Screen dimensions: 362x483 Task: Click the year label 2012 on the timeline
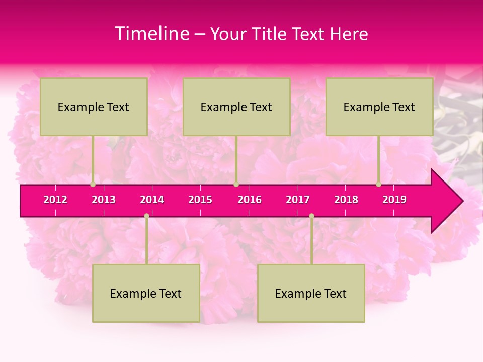(55, 200)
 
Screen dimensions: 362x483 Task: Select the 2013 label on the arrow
(104, 200)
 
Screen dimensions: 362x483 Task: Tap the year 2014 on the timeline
(152, 200)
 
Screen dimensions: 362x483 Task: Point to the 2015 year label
(200, 200)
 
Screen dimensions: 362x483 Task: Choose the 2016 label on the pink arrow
(250, 200)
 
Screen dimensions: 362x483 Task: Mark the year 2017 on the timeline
(298, 200)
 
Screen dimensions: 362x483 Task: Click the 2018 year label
(346, 200)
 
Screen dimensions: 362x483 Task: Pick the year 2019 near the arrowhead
(394, 200)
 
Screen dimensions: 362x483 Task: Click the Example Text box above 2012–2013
(94, 107)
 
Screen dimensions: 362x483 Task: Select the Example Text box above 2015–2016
(236, 107)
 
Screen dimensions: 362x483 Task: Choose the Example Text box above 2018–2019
(379, 107)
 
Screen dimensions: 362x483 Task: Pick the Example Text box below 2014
(146, 293)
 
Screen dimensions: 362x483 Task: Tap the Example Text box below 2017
(311, 293)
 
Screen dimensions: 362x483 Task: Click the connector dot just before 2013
(93, 185)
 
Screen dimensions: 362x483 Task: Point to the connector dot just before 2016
(236, 185)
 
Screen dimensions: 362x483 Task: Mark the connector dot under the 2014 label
(146, 216)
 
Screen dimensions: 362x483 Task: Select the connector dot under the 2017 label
(311, 216)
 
